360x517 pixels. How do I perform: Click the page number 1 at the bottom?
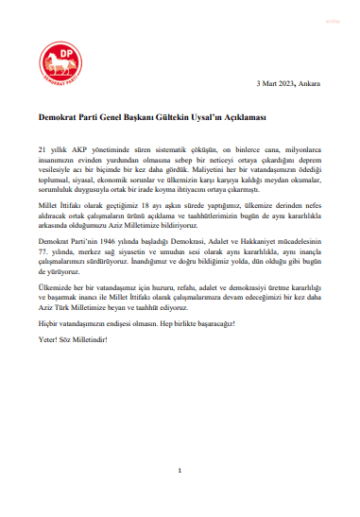click(x=180, y=472)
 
